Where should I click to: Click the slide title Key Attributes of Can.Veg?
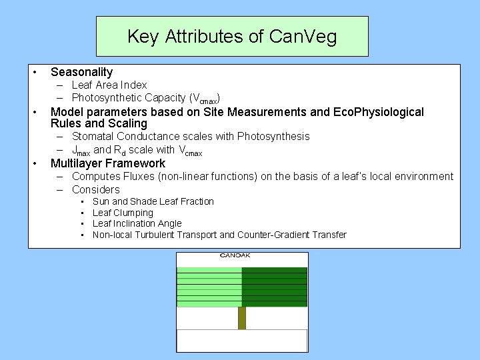pyautogui.click(x=232, y=36)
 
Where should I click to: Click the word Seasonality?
pyautogui.click(x=81, y=72)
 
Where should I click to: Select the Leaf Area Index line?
pyautogui.click(x=109, y=85)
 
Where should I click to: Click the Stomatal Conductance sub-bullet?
pyautogui.click(x=191, y=137)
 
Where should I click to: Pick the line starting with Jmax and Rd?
pyautogui.click(x=137, y=150)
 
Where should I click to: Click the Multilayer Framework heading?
pyautogui.click(x=108, y=163)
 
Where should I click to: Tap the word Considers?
pyautogui.click(x=96, y=189)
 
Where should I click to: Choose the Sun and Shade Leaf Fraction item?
pyautogui.click(x=153, y=201)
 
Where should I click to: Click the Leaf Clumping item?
pyautogui.click(x=123, y=213)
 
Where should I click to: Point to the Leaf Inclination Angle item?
pyautogui.click(x=137, y=223)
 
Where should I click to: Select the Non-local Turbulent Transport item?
pyautogui.click(x=219, y=235)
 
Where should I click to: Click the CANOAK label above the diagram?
pyautogui.click(x=235, y=255)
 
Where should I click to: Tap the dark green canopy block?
pyautogui.click(x=274, y=287)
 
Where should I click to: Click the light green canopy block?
pyautogui.click(x=209, y=287)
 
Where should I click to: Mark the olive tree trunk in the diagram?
pyautogui.click(x=242, y=317)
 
